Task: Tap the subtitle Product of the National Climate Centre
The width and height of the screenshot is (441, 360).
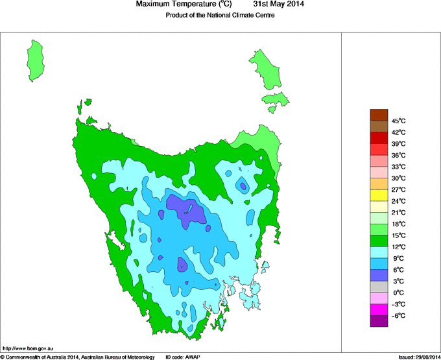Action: pyautogui.click(x=220, y=16)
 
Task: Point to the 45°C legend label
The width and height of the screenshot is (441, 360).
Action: pyautogui.click(x=399, y=121)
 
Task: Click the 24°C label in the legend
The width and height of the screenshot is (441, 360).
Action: pyautogui.click(x=399, y=201)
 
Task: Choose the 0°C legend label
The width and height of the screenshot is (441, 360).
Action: pyautogui.click(x=399, y=293)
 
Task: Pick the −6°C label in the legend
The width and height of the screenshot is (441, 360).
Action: pyautogui.click(x=399, y=315)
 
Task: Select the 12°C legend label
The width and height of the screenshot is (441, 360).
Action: pyautogui.click(x=399, y=247)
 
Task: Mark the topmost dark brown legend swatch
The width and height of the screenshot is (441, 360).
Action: pyautogui.click(x=379, y=115)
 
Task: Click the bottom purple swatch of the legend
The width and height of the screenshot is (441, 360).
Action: pyautogui.click(x=379, y=321)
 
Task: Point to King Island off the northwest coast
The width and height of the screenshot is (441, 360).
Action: pyautogui.click(x=37, y=59)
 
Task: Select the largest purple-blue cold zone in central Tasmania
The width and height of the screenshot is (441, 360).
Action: pyautogui.click(x=187, y=211)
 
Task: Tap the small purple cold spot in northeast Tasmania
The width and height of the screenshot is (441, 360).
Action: pyautogui.click(x=243, y=186)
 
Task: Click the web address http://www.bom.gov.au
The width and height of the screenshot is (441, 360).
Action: pyautogui.click(x=27, y=349)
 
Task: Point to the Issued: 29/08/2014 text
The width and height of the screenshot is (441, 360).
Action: pyautogui.click(x=419, y=357)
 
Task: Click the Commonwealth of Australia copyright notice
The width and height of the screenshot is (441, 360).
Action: pyautogui.click(x=78, y=357)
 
